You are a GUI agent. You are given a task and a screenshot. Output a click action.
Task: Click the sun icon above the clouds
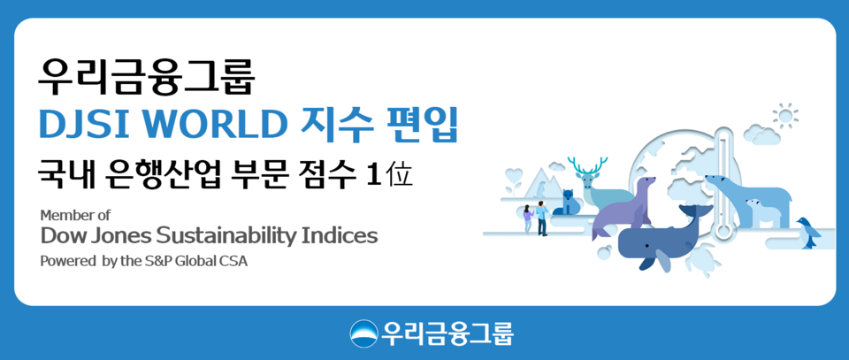point(784,115)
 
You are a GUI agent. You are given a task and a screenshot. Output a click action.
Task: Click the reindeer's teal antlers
point(587,166)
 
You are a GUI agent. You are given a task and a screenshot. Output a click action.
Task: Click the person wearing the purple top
point(528,218)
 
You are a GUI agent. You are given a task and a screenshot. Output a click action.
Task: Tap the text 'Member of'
point(75,215)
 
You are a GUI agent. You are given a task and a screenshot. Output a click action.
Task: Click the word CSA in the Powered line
point(233,262)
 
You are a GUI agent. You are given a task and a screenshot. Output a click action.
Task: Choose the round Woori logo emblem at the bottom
point(364,333)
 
